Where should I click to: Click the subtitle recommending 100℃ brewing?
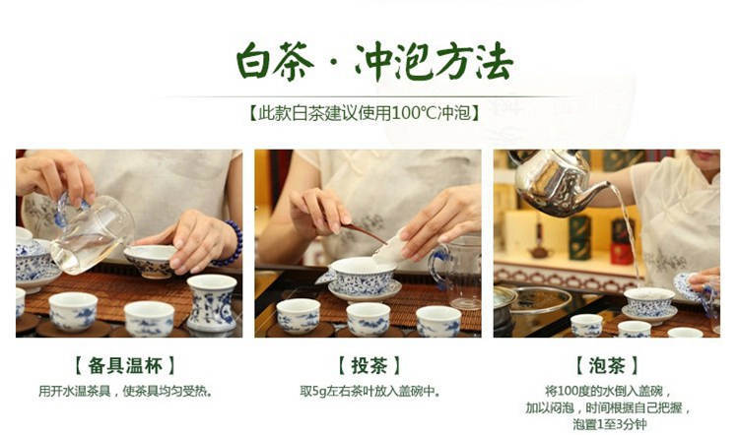coord(364,113)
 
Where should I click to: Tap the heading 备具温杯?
coord(125,366)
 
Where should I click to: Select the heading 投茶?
coord(369,366)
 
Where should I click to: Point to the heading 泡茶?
coord(607,366)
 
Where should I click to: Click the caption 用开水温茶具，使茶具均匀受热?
coord(125,392)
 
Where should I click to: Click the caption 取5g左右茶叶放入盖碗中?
coord(369,392)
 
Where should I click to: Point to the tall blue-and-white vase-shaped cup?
coord(212,303)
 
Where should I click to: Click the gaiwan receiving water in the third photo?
coord(649,305)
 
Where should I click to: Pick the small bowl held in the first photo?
coord(151,261)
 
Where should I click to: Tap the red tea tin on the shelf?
coord(622,253)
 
